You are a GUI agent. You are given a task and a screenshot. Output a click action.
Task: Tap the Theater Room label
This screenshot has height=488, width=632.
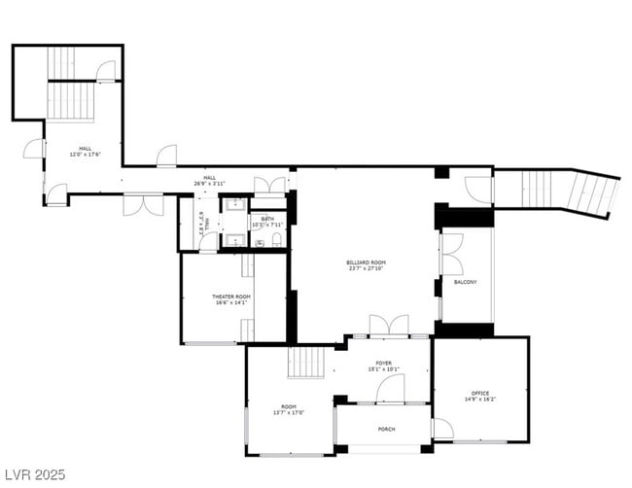(x=231, y=299)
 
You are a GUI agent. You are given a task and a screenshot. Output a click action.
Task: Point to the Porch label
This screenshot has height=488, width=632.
(x=386, y=429)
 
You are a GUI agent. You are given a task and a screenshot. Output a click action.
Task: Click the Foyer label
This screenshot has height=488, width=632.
(x=384, y=366)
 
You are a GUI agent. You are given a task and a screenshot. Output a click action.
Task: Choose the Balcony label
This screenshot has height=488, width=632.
(x=465, y=282)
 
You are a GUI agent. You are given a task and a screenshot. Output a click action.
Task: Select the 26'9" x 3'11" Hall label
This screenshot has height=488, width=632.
(x=209, y=181)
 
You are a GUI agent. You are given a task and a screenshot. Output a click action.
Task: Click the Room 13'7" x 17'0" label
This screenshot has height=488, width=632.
(x=289, y=409)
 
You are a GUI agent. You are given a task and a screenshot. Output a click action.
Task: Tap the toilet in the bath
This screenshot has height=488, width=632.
(x=276, y=239)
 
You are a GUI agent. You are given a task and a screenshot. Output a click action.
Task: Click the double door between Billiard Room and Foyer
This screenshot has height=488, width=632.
(x=388, y=326)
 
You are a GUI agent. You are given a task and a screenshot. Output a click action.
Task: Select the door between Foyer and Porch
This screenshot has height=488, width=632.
(x=391, y=390)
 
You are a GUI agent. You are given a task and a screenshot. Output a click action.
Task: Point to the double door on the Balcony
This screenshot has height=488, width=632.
(x=452, y=255)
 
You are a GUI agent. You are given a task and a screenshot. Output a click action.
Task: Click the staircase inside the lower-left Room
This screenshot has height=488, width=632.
(x=308, y=363)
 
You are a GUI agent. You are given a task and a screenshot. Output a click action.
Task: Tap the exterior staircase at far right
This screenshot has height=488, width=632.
(x=569, y=192)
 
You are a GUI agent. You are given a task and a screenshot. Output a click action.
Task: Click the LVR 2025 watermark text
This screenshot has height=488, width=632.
(x=33, y=475)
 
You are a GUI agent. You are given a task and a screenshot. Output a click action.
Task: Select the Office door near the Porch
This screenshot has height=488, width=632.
(x=441, y=429)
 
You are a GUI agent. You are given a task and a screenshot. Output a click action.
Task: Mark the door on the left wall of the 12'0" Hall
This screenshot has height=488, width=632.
(x=35, y=148)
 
